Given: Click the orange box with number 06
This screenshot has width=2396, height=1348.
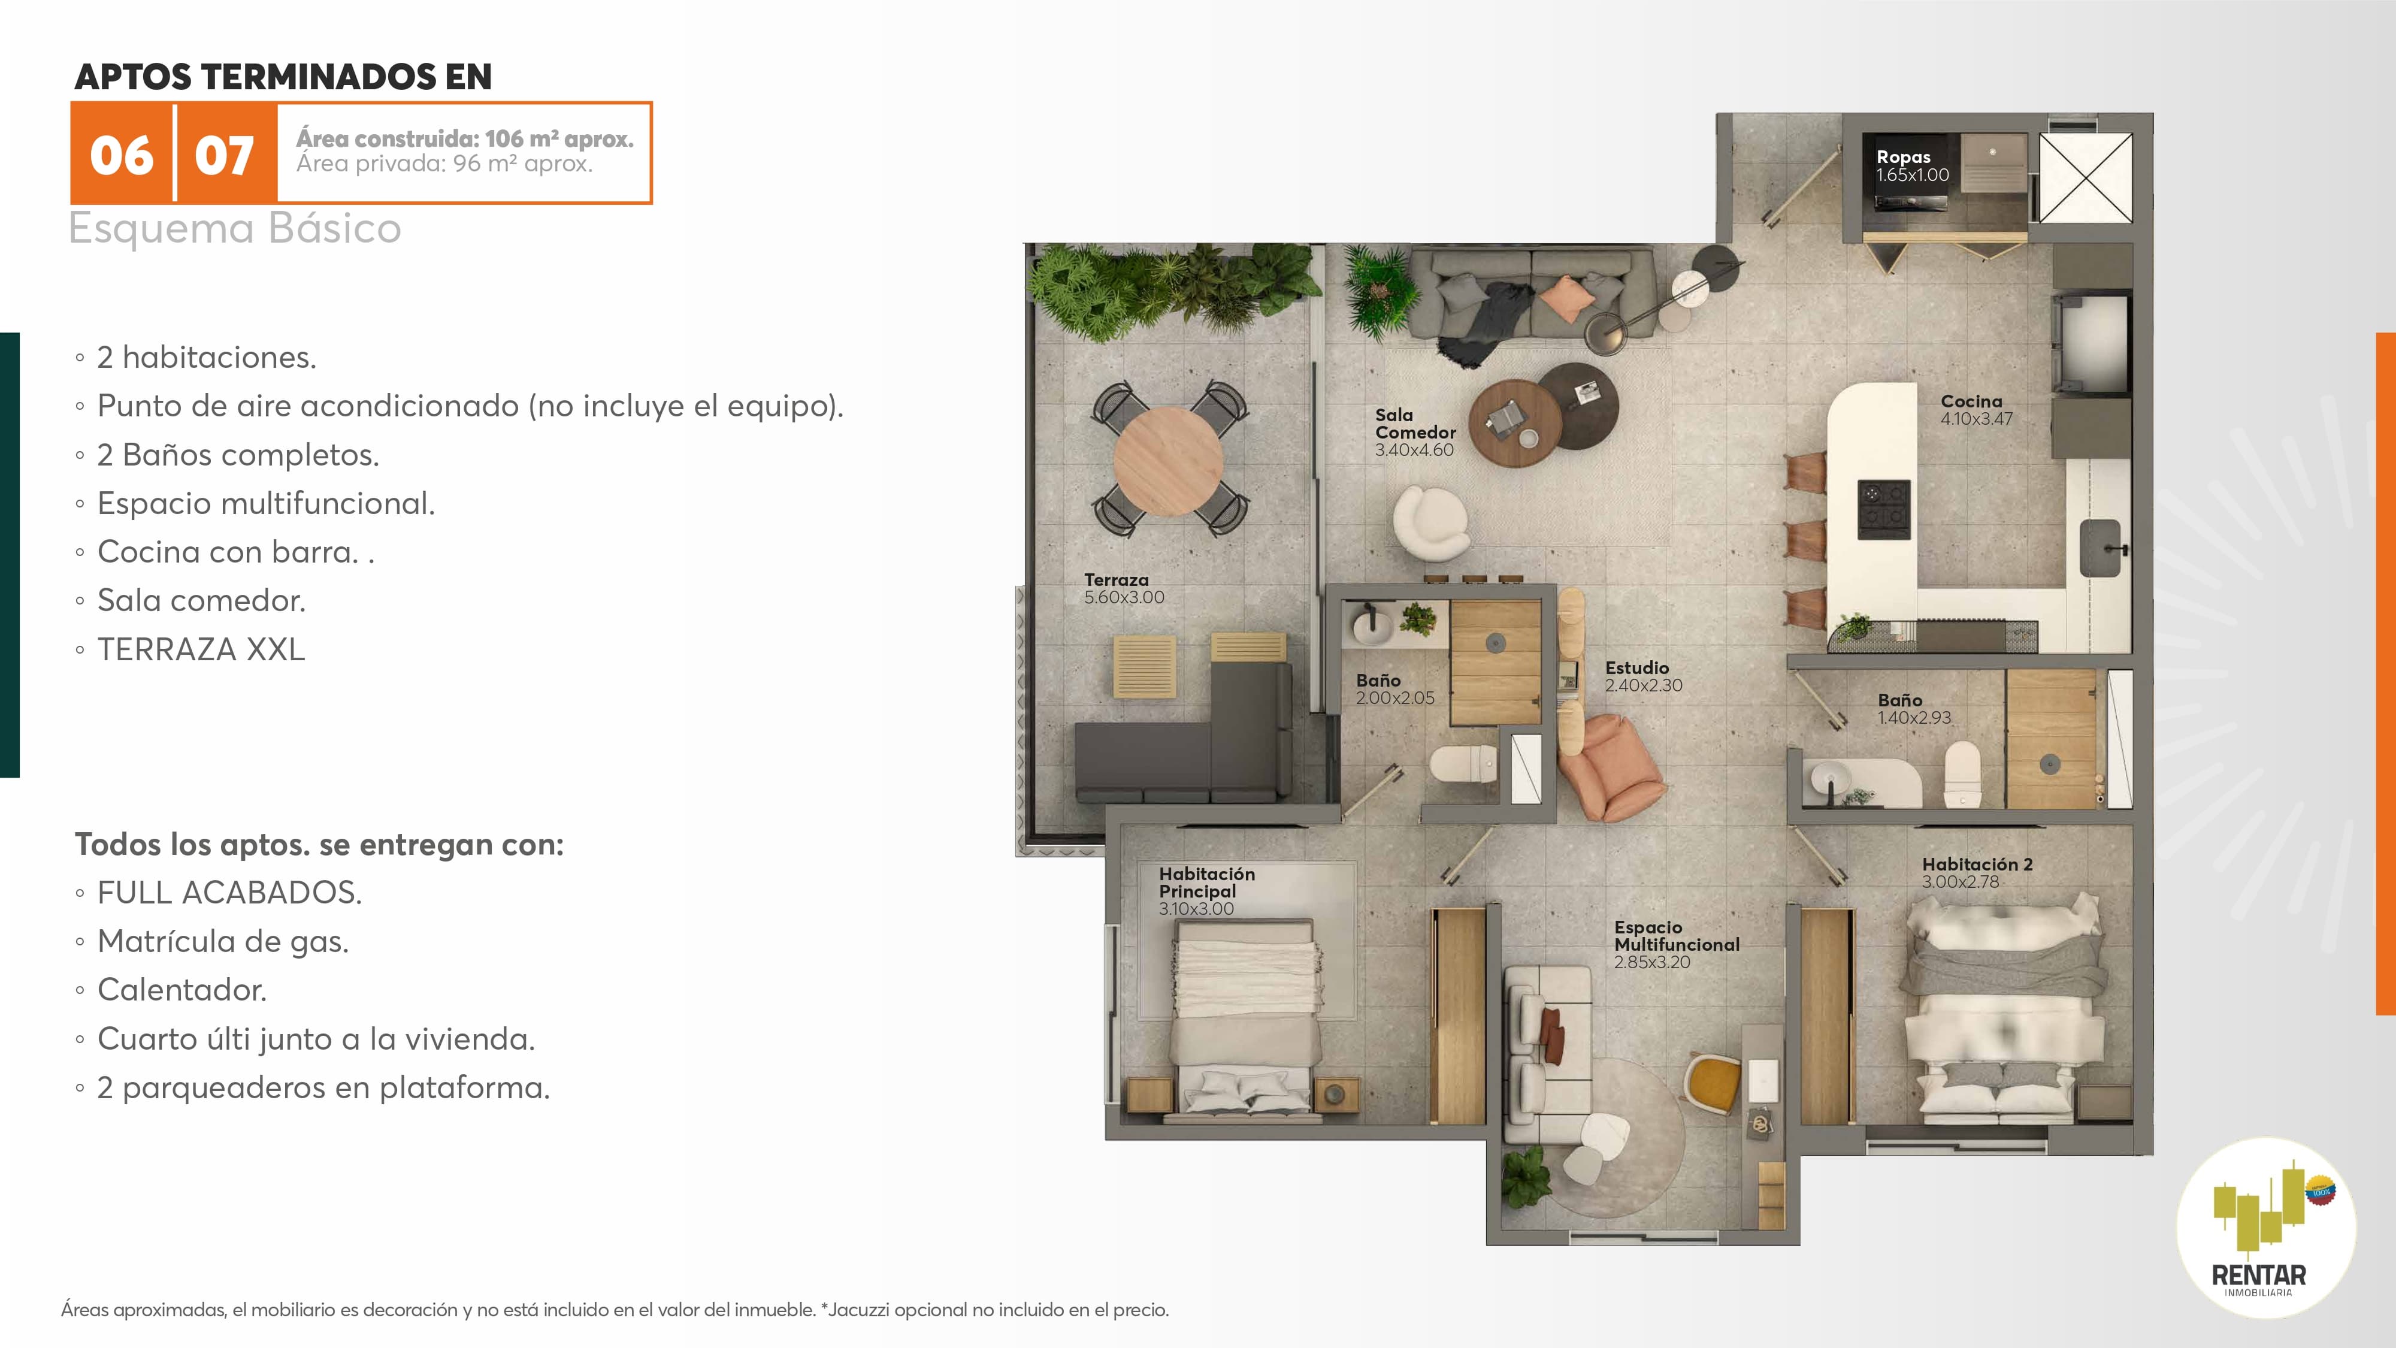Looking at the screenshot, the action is click(122, 153).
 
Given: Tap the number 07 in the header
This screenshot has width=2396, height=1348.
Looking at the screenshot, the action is click(224, 155).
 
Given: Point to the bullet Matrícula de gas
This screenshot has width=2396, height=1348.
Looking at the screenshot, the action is click(223, 941).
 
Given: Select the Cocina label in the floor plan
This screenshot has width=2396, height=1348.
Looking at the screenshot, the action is click(1971, 401).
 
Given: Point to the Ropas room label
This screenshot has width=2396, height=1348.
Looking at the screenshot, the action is click(1903, 156).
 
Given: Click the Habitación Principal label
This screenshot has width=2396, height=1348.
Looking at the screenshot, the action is click(1206, 882).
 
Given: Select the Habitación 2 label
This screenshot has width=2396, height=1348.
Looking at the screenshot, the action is click(1977, 865).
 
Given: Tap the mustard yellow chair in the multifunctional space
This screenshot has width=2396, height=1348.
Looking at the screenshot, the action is click(1713, 1082).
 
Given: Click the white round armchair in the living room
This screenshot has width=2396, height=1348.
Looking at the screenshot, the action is click(1430, 523).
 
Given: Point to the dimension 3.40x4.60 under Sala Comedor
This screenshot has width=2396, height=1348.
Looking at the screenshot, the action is click(1414, 451).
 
